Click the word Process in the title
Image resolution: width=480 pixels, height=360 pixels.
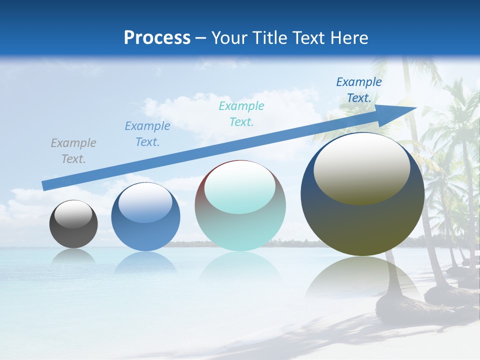click(x=157, y=38)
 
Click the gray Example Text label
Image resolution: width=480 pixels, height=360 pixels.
click(x=73, y=150)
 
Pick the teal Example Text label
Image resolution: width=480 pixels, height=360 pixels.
click(x=241, y=113)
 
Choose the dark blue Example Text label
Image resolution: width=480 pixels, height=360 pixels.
click(x=358, y=90)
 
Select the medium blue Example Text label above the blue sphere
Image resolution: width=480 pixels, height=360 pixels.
click(x=147, y=133)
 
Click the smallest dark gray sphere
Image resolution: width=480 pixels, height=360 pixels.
click(x=73, y=230)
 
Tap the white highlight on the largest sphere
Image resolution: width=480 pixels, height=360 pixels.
click(x=361, y=167)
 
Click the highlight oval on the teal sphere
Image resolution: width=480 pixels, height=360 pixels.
click(x=239, y=187)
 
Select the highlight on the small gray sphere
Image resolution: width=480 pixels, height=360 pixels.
click(x=73, y=213)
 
